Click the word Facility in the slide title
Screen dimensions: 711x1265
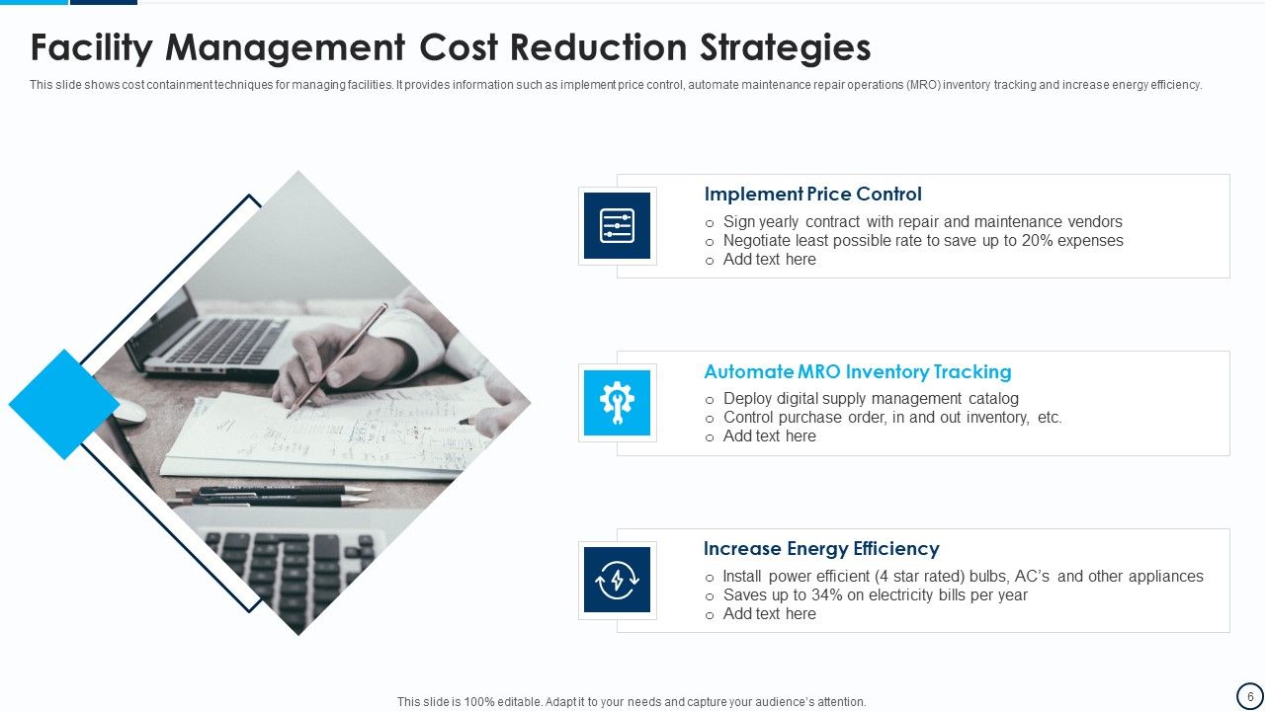click(90, 48)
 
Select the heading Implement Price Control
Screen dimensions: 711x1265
click(812, 195)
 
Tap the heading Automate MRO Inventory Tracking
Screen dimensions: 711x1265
click(857, 372)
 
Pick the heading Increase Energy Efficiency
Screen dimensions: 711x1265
click(820, 549)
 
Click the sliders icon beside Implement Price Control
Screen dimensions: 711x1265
click(617, 226)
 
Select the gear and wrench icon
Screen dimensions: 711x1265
click(617, 403)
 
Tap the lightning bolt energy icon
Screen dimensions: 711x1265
click(617, 581)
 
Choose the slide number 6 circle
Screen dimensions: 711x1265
click(1249, 696)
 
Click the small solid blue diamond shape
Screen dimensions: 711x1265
click(64, 404)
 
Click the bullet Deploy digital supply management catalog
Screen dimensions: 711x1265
click(870, 399)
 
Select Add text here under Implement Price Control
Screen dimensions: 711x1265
click(769, 260)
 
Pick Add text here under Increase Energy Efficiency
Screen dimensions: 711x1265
click(769, 614)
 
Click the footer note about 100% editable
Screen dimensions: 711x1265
click(632, 702)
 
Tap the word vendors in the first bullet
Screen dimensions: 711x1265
click(1093, 222)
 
